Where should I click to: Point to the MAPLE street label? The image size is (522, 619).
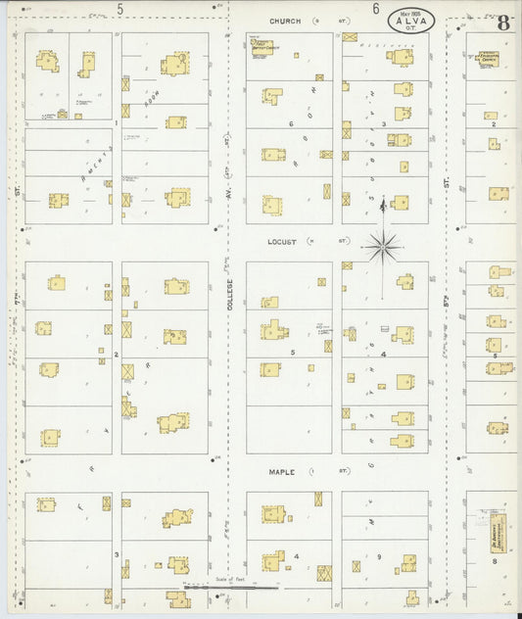coord(282,471)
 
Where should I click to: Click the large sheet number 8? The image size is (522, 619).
coord(502,23)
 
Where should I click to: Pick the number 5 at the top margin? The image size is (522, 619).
coord(120,9)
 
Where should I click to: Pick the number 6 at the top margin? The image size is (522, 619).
coord(376,9)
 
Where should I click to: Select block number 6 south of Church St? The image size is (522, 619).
coord(291,124)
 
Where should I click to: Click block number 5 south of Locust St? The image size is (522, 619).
coord(292,350)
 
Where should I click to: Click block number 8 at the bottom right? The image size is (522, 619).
coord(495,562)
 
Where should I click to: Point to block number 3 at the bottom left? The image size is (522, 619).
coord(116,554)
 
